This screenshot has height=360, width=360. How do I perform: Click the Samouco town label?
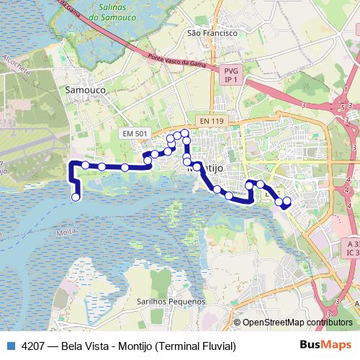pyautogui.click(x=86, y=90)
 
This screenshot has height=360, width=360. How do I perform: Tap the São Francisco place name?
pyautogui.click(x=212, y=33)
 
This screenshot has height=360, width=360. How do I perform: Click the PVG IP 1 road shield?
pyautogui.click(x=230, y=76)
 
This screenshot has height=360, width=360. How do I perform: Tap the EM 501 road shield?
pyautogui.click(x=135, y=134)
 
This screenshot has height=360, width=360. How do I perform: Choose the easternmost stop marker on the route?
pyautogui.click(x=287, y=201)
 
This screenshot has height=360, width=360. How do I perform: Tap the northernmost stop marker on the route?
pyautogui.click(x=185, y=132)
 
